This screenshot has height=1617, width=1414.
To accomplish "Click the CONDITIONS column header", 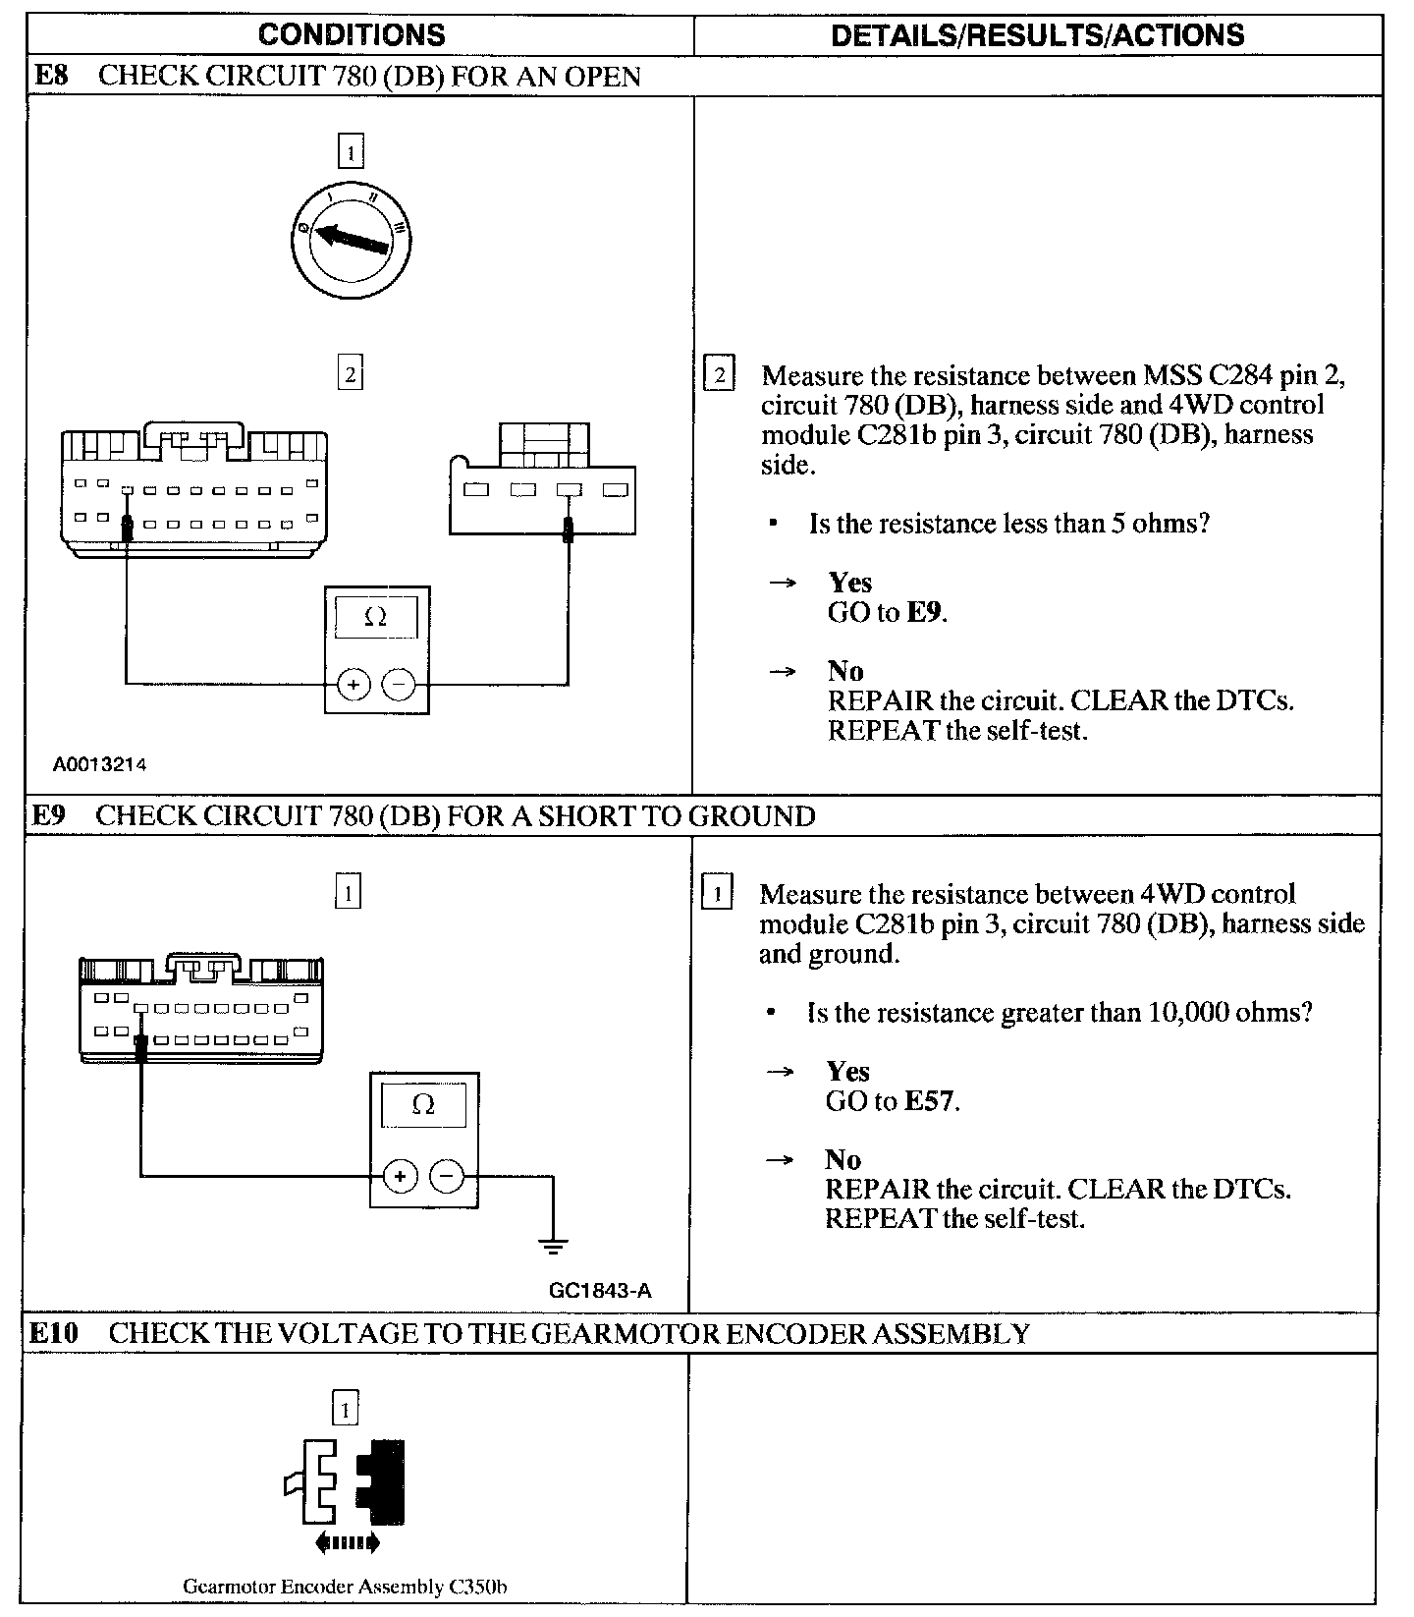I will [x=352, y=35].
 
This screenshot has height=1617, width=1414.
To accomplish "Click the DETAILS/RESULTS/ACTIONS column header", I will [x=1037, y=35].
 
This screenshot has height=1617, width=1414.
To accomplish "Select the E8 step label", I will [x=51, y=76].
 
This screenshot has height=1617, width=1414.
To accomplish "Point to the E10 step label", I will [x=53, y=1333].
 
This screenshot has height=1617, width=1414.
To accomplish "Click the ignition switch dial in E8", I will [x=351, y=237].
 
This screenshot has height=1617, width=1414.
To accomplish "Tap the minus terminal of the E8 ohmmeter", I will [x=398, y=683].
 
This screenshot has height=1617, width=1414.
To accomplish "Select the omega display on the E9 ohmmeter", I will [x=423, y=1105].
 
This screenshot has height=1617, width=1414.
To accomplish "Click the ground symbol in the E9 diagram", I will [x=553, y=1247].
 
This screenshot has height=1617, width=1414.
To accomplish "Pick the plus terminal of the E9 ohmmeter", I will [x=399, y=1175].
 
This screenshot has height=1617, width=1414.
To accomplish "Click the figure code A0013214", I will [x=100, y=764].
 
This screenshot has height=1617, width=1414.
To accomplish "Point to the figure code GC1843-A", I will [x=600, y=1290].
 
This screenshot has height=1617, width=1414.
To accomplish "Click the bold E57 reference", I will [x=929, y=1101].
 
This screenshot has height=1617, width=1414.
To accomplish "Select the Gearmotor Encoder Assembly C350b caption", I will [x=345, y=1586].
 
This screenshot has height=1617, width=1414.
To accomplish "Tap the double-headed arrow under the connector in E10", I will [x=348, y=1543].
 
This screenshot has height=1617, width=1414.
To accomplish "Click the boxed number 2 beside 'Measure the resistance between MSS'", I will [x=720, y=375].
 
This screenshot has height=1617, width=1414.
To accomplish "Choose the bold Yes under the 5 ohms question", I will [x=849, y=583].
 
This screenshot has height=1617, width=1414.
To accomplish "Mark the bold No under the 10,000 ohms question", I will [x=843, y=1159].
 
